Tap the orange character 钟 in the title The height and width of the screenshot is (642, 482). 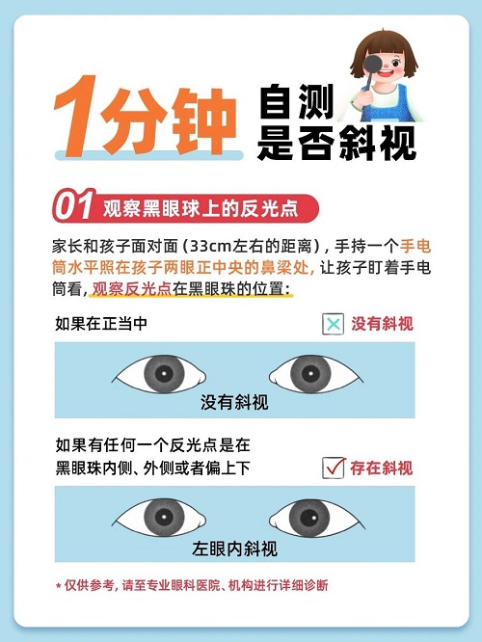pos(203,120)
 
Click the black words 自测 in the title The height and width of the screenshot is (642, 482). pos(297,101)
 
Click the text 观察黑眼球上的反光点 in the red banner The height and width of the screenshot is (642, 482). pos(201,208)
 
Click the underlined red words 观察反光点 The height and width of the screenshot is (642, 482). pos(132,289)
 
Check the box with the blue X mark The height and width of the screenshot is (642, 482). pos(334,324)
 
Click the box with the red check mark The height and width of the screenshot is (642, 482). pos(334,468)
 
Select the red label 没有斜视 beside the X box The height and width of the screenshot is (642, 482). pos(382,324)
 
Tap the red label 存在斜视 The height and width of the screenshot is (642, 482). pos(381,468)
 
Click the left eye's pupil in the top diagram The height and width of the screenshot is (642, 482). pos(164,373)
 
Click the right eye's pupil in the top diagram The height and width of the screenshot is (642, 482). pos(310,373)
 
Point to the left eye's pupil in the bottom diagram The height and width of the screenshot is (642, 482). pos(164,517)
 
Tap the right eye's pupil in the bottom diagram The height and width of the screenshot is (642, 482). pos(308,518)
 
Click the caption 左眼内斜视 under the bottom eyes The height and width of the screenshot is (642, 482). pos(234,548)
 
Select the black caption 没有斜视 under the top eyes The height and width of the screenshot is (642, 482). pos(234,402)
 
